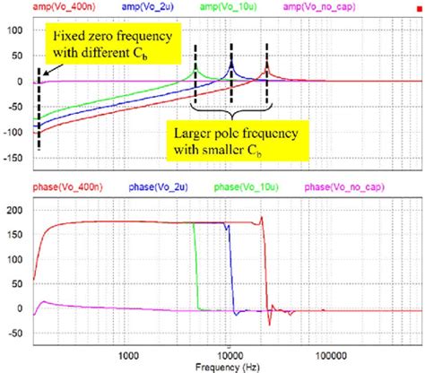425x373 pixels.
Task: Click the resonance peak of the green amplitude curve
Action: (x=196, y=71)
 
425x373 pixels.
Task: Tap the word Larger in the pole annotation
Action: (x=198, y=133)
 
